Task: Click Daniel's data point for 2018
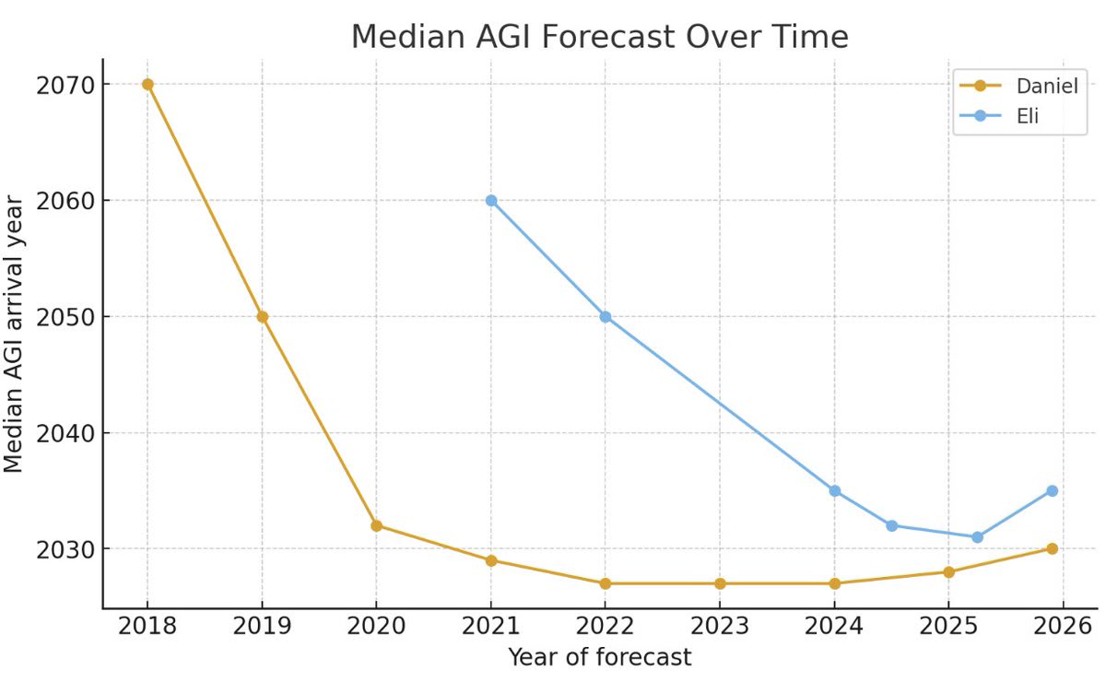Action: pos(147,85)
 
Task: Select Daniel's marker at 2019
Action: pos(262,316)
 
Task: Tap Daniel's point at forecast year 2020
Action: pos(376,525)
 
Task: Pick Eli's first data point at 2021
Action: pos(490,201)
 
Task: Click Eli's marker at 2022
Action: pos(606,316)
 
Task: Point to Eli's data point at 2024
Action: pos(834,491)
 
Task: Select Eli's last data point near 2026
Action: pos(1053,491)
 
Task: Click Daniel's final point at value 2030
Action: pos(1053,548)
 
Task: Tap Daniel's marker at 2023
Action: pos(720,583)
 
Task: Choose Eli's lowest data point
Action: pos(977,536)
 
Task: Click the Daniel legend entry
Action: pos(1018,86)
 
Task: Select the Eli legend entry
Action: pos(999,116)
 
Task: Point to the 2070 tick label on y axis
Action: pos(65,86)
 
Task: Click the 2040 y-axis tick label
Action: pos(65,433)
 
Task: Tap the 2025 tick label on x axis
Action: pos(948,626)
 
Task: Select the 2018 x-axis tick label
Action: pos(147,626)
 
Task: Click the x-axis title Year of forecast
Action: pos(600,657)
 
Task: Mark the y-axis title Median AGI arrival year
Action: pos(13,334)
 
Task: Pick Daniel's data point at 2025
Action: pos(948,572)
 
